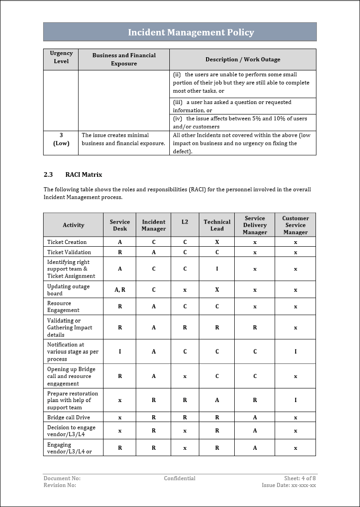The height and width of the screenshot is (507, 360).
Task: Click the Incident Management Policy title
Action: click(x=191, y=32)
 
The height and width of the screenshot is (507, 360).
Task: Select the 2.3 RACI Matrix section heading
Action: click(x=73, y=174)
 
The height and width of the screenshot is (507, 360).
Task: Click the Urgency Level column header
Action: click(x=61, y=57)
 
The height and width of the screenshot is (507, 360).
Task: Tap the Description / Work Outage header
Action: click(x=242, y=60)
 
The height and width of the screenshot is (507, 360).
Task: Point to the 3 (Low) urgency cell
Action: click(x=61, y=139)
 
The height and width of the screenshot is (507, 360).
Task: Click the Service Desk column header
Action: click(x=120, y=225)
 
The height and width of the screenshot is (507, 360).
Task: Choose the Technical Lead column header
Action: click(x=217, y=225)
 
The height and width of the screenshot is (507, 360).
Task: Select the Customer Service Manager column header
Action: click(x=295, y=225)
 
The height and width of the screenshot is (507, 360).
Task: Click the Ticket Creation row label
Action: click(x=67, y=242)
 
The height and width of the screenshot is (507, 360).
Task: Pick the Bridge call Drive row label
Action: click(x=69, y=418)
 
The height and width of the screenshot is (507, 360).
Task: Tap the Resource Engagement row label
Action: click(x=63, y=307)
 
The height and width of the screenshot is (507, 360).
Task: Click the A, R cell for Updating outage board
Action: click(x=120, y=290)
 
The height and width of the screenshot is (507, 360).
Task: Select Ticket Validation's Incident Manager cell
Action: click(x=153, y=252)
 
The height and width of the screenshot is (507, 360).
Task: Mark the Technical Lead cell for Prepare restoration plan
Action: click(x=217, y=400)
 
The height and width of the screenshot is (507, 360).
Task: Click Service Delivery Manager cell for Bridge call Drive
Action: click(x=255, y=418)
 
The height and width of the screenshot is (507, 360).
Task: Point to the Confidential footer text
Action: click(x=180, y=478)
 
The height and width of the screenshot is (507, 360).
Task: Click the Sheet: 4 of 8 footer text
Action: click(x=300, y=478)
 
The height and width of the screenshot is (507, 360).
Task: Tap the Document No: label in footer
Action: click(x=62, y=478)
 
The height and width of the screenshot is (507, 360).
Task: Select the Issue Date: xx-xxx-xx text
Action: click(x=289, y=485)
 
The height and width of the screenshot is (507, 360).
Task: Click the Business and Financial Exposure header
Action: click(x=124, y=60)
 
